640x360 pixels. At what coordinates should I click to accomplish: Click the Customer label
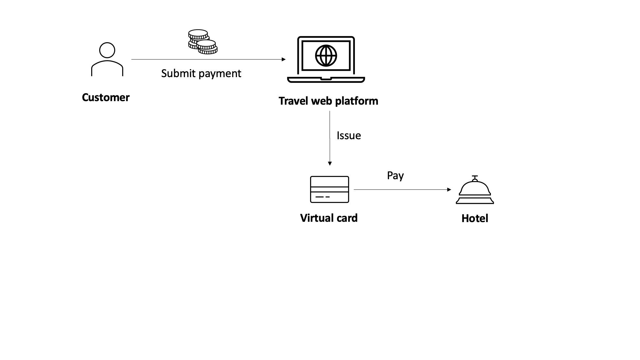[x=106, y=97]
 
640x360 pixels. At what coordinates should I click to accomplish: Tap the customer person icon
[x=107, y=60]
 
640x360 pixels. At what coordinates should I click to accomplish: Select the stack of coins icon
[x=203, y=42]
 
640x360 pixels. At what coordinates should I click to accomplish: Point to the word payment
[x=221, y=74]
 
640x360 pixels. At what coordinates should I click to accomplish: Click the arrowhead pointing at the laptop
[x=284, y=59]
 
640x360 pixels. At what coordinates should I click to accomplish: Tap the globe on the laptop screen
[x=326, y=56]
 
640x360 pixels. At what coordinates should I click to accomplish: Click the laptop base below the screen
[x=326, y=80]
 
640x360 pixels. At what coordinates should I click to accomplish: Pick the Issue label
[x=348, y=136]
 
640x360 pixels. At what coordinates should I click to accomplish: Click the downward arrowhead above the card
[x=330, y=164]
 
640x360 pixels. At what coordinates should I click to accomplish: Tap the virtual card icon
[x=329, y=189]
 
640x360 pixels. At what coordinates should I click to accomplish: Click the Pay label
[x=395, y=176]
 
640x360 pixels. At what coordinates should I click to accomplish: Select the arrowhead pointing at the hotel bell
[x=449, y=189]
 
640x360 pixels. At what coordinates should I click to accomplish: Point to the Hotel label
[x=475, y=218]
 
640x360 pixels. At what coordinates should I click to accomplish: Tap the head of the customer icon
[x=107, y=50]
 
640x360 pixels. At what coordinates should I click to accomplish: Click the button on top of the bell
[x=475, y=177]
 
